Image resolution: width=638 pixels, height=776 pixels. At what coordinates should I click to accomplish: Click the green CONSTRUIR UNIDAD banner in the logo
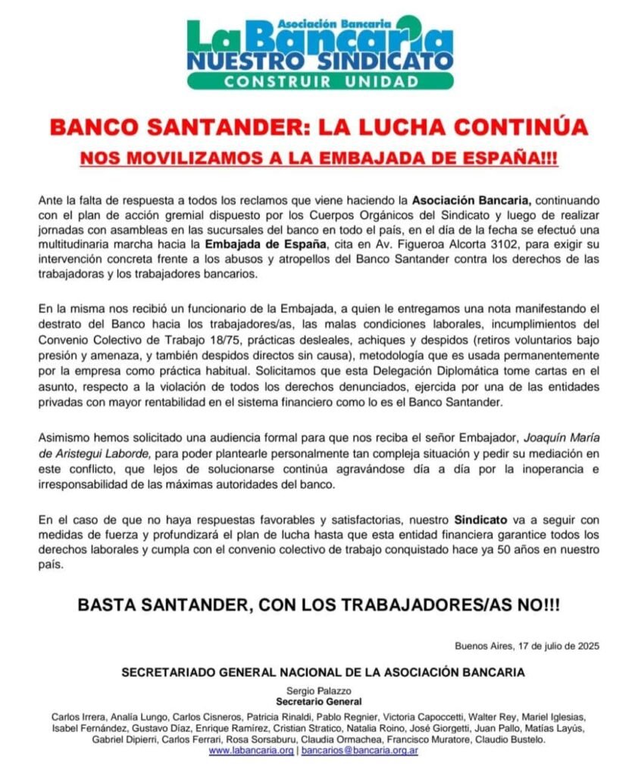click(x=321, y=81)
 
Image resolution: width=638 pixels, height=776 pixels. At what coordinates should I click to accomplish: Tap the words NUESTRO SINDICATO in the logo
click(x=321, y=60)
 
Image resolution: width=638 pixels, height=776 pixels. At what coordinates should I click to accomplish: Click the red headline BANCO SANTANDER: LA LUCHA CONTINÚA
click(x=319, y=127)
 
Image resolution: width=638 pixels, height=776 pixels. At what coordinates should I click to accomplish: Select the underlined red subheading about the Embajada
click(x=319, y=161)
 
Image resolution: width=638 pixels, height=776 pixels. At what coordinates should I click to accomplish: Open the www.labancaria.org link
click(x=251, y=750)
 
